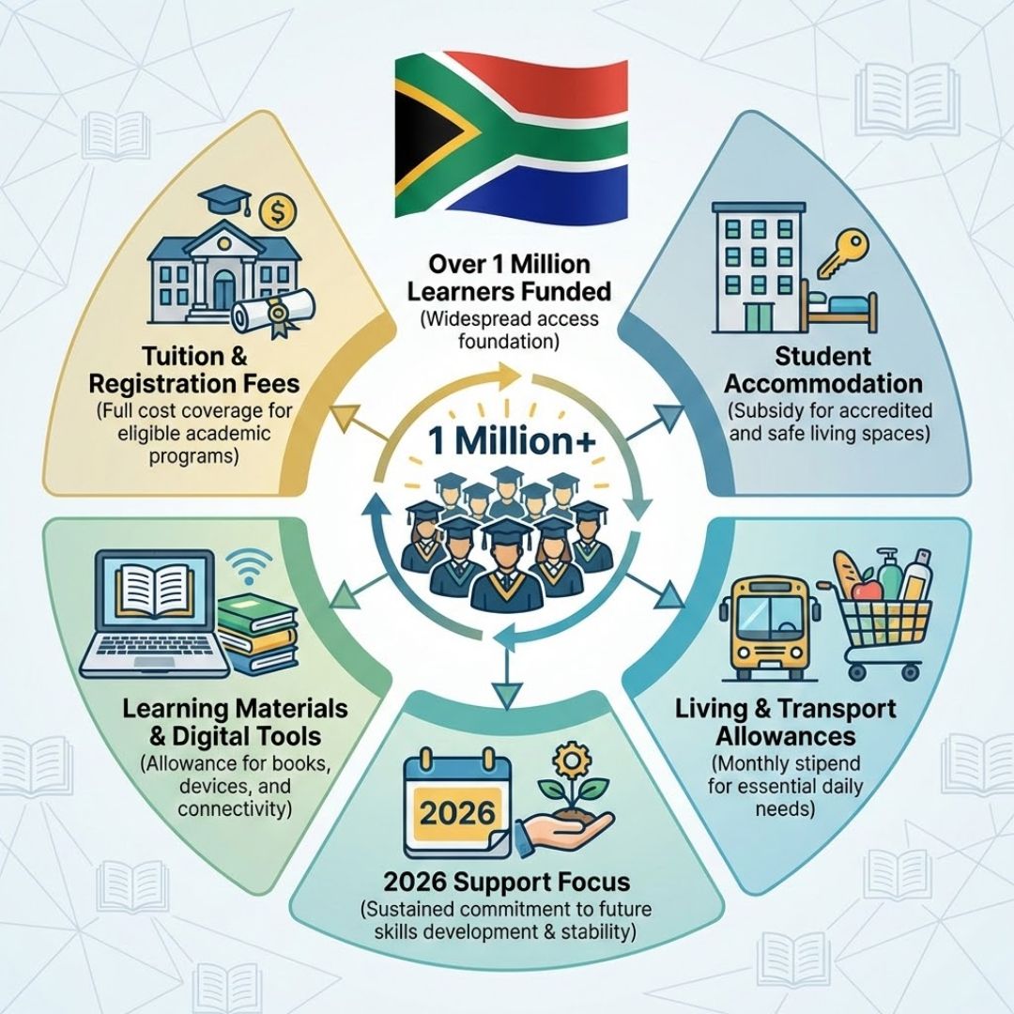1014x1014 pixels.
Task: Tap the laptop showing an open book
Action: click(155, 615)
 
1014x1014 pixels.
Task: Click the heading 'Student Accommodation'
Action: click(823, 370)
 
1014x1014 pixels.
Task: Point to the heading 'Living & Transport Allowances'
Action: click(784, 721)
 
